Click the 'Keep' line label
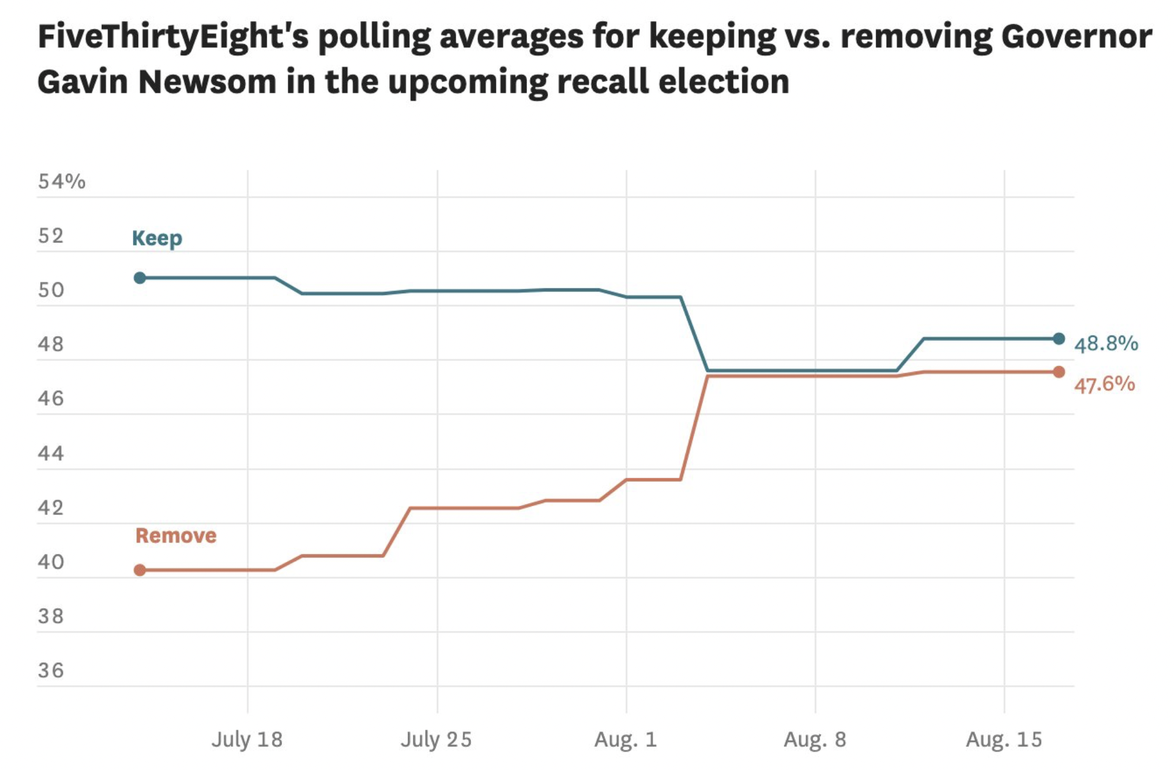pyautogui.click(x=157, y=238)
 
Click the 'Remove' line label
pyautogui.click(x=176, y=536)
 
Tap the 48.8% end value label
pyautogui.click(x=1106, y=343)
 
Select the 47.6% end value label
pyautogui.click(x=1105, y=384)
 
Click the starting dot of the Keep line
pyautogui.click(x=140, y=278)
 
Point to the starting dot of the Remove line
pyautogui.click(x=140, y=570)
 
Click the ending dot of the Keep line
pyautogui.click(x=1059, y=338)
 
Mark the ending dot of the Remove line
pyautogui.click(x=1059, y=372)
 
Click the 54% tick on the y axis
pyautogui.click(x=62, y=181)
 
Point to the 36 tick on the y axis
pyautogui.click(x=51, y=671)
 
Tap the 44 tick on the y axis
pyautogui.click(x=51, y=453)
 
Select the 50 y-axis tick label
pyautogui.click(x=51, y=290)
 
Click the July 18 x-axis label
pyautogui.click(x=247, y=739)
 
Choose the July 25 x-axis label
pyautogui.click(x=436, y=739)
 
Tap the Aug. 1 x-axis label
pyautogui.click(x=626, y=739)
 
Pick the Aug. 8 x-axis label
pyautogui.click(x=815, y=739)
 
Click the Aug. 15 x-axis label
pyautogui.click(x=1004, y=739)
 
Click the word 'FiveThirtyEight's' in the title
pyautogui.click(x=173, y=37)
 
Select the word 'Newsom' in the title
pyautogui.click(x=207, y=81)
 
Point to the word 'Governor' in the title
pyautogui.click(x=1077, y=36)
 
